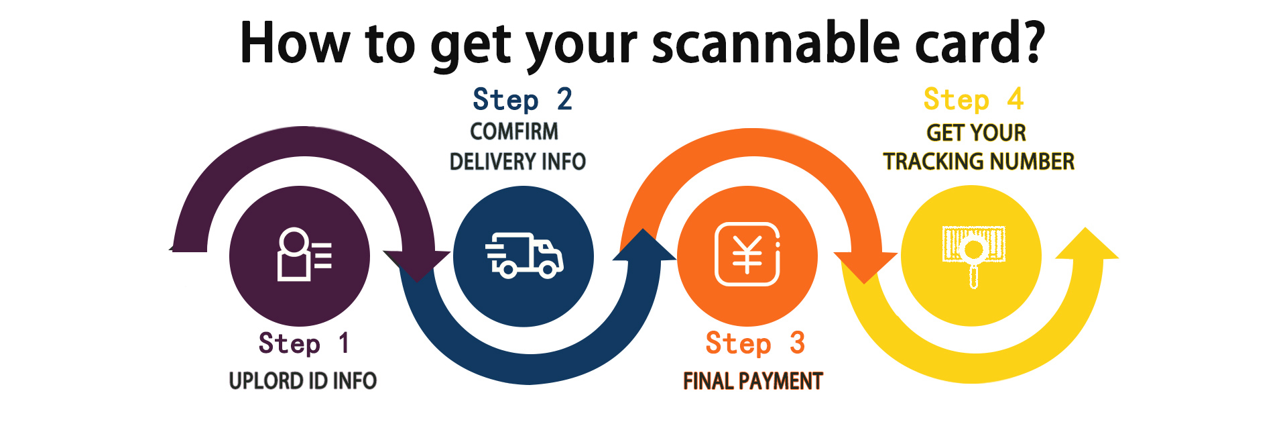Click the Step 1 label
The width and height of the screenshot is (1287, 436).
pyautogui.click(x=303, y=343)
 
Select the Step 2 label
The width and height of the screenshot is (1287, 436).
pyautogui.click(x=522, y=100)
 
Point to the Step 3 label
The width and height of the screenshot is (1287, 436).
pyautogui.click(x=755, y=343)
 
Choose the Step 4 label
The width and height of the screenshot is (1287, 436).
pyautogui.click(x=973, y=100)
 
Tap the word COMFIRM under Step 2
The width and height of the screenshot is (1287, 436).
pyautogui.click(x=514, y=131)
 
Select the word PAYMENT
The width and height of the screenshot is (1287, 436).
pyautogui.click(x=780, y=381)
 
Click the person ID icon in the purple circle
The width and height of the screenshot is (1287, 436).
pyautogui.click(x=303, y=255)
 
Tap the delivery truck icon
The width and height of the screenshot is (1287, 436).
pyautogui.click(x=524, y=256)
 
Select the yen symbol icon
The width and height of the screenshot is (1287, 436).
pyautogui.click(x=747, y=255)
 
